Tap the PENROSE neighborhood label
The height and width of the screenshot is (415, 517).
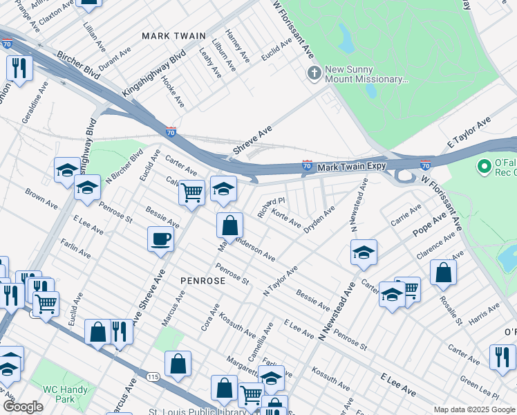pyautogui.click(x=203, y=281)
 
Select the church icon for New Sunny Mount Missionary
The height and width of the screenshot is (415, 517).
pyautogui.click(x=314, y=73)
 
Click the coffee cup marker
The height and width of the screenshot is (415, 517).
pyautogui.click(x=160, y=239)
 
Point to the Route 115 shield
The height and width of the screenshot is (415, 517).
pyautogui.click(x=154, y=376)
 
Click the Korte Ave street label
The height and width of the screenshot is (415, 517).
pyautogui.click(x=285, y=219)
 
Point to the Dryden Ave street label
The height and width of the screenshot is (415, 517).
pyautogui.click(x=319, y=218)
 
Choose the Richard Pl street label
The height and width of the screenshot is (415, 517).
pyautogui.click(x=271, y=207)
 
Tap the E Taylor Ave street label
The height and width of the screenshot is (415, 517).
pyautogui.click(x=469, y=131)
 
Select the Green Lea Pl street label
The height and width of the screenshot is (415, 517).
pyautogui.click(x=479, y=389)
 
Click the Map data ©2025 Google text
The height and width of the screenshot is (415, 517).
pyautogui.click(x=473, y=409)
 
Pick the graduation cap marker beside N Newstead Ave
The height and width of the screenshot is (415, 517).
pyautogui.click(x=364, y=252)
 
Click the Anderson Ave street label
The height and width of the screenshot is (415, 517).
pyautogui.click(x=255, y=250)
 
